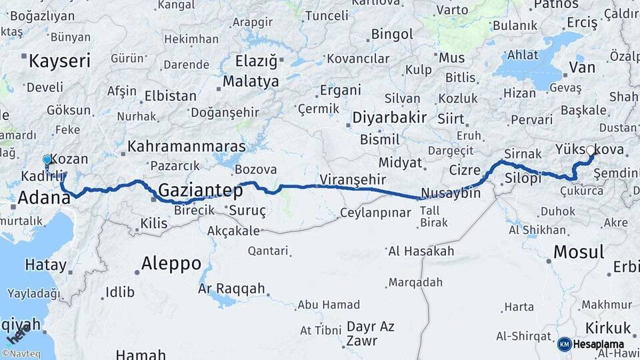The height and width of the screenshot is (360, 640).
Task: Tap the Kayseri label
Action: click(59, 61)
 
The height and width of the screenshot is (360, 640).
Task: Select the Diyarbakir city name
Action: click(389, 118)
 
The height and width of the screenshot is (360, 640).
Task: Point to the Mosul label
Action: click(579, 252)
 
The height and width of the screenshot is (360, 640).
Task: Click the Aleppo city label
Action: click(171, 263)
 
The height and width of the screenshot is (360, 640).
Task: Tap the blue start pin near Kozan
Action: click(47, 161)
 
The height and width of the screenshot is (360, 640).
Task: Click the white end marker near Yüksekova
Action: click(589, 151)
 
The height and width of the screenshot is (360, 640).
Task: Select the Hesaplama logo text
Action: click(598, 344)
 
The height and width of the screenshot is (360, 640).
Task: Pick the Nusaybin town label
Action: click(450, 193)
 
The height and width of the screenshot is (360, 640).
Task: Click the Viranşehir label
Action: click(353, 179)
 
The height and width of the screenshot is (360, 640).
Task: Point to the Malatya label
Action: click(251, 81)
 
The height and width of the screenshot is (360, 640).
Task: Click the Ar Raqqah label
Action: click(231, 289)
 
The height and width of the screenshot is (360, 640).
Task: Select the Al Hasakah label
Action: click(421, 251)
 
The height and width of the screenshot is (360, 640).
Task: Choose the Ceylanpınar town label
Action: click(375, 213)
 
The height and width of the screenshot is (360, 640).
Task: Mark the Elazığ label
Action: click(256, 62)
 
